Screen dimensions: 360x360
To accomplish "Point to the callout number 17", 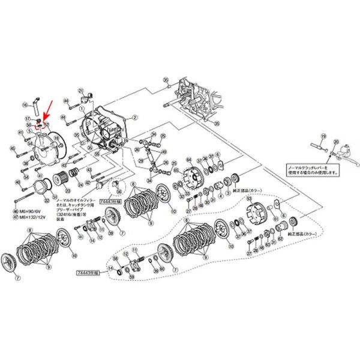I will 28,119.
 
